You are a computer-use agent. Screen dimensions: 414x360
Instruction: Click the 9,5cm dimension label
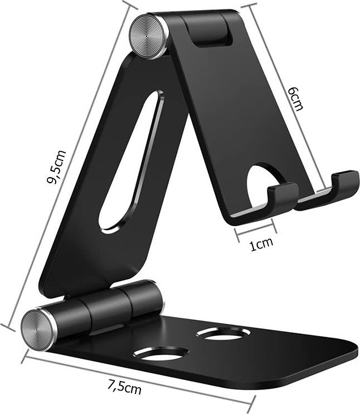click(57, 167)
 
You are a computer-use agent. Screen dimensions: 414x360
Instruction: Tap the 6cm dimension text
click(295, 98)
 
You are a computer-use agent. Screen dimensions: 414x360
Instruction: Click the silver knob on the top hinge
click(149, 35)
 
